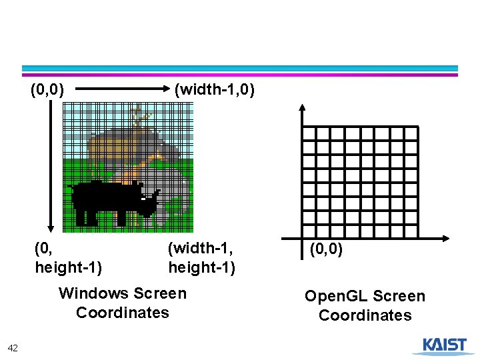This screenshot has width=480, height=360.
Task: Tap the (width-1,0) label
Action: point(214,89)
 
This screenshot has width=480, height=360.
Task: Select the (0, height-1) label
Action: point(68,258)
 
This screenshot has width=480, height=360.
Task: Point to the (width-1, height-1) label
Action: point(201,258)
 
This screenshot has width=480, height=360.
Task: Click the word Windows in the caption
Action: point(93,293)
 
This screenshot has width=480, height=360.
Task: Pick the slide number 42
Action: point(13,347)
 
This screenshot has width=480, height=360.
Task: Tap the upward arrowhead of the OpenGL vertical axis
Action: point(302,108)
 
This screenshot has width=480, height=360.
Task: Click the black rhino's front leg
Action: point(121,217)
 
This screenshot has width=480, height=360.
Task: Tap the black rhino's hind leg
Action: point(81,217)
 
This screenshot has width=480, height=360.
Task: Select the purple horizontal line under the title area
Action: point(240,75)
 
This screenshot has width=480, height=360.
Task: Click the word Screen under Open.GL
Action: point(399,296)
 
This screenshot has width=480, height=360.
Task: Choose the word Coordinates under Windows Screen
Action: point(123,313)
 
